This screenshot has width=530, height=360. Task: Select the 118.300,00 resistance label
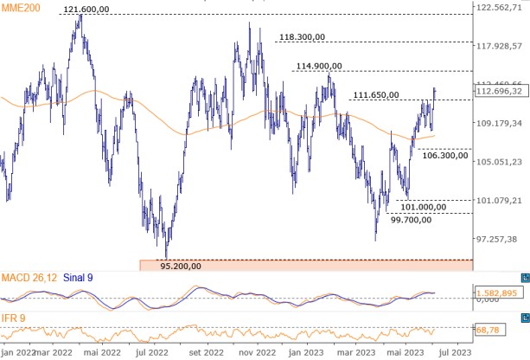[x=303, y=37]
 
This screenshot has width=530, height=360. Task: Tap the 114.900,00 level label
[x=319, y=66]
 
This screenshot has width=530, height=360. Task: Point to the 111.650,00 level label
[x=376, y=95]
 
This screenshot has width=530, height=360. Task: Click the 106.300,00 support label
[x=446, y=155]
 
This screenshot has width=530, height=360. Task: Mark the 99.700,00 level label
[x=412, y=221]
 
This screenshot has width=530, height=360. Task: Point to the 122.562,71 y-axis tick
[x=501, y=8]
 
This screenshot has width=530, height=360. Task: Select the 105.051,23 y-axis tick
[x=501, y=162]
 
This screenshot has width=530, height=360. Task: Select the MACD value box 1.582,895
[x=499, y=293]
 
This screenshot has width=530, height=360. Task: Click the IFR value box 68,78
[x=489, y=331]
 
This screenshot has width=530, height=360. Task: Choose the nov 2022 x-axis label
[x=257, y=352]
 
